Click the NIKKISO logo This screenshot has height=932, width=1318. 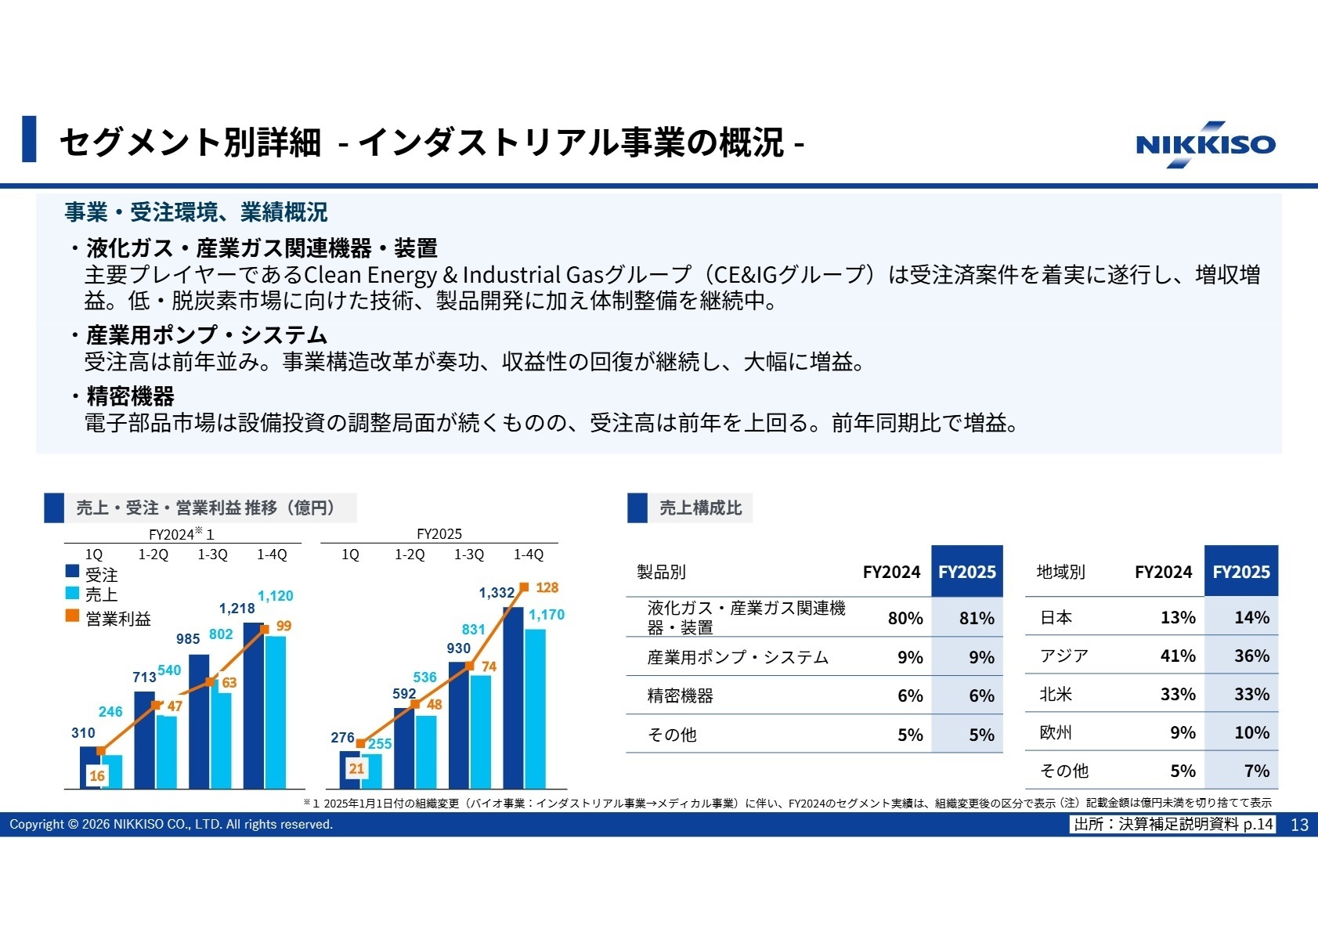click(1205, 145)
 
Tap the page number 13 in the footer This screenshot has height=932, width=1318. click(1299, 825)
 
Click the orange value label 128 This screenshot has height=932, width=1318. click(547, 587)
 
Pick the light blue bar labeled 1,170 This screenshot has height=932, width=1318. click(535, 708)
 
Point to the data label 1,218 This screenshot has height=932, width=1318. click(237, 609)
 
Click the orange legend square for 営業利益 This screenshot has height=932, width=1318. click(72, 616)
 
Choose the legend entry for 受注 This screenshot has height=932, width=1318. click(101, 575)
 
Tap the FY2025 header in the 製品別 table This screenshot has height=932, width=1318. click(966, 572)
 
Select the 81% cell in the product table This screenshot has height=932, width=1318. click(976, 618)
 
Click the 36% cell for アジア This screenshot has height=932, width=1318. click(1251, 656)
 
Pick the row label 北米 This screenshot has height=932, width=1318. click(1056, 694)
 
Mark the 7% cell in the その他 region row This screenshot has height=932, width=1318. click(1255, 771)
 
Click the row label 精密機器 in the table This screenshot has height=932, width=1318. click(680, 695)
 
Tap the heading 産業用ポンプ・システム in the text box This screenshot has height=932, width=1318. click(206, 335)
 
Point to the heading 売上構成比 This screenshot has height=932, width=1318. click(700, 508)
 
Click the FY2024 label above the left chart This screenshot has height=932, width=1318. click(172, 534)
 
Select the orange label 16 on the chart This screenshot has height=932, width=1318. click(97, 775)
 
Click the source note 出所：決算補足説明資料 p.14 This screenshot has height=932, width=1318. click(1173, 824)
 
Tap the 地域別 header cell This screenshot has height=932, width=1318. click(1060, 572)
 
